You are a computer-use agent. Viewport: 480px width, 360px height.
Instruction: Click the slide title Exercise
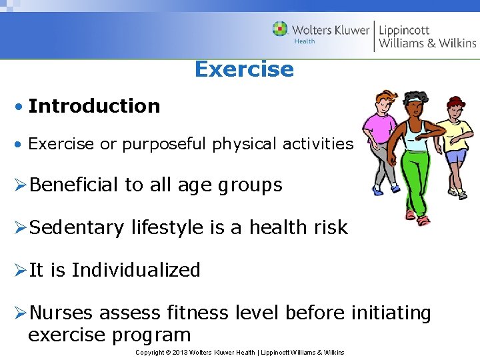tap(244, 69)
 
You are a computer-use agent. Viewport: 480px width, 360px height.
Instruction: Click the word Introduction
tap(94, 106)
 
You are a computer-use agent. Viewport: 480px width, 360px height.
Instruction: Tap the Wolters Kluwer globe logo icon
tap(280, 29)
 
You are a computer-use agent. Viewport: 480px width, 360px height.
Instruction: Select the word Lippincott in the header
tap(405, 30)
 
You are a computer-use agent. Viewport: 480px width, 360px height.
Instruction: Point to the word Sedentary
tap(77, 228)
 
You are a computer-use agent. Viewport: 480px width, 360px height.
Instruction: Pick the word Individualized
tap(136, 270)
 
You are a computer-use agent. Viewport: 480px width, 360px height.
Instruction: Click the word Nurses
tap(63, 312)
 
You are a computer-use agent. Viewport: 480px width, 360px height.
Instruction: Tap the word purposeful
tap(165, 144)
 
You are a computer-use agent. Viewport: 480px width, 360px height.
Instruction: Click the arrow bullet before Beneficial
tap(19, 185)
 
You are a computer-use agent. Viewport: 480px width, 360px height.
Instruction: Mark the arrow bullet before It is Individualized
tap(19, 271)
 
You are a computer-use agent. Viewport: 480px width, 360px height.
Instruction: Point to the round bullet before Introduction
tap(21, 107)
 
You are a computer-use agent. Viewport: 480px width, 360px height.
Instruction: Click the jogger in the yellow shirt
tap(455, 140)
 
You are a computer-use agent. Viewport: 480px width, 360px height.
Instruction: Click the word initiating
tap(392, 312)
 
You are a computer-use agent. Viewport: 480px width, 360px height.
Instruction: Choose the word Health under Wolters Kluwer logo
tap(305, 41)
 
